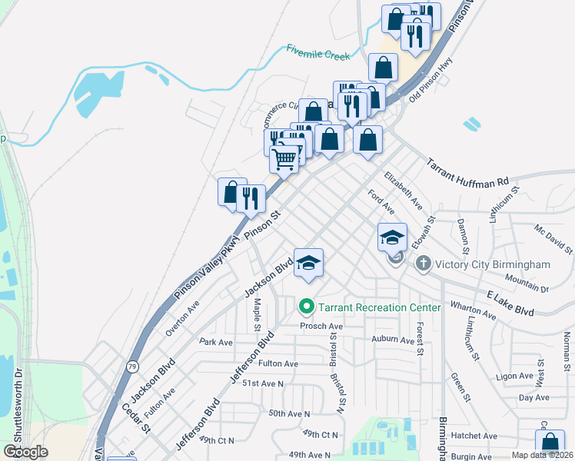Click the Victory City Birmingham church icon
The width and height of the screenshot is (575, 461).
click(x=422, y=264)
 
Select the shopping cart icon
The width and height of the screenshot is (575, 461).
click(x=284, y=159)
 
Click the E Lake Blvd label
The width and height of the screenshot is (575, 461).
click(x=510, y=302)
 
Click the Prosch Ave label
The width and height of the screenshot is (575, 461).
click(x=321, y=325)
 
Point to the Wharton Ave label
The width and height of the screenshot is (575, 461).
click(x=474, y=309)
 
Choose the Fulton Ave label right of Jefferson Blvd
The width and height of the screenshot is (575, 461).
click(x=278, y=363)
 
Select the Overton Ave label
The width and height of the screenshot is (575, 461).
click(x=183, y=318)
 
